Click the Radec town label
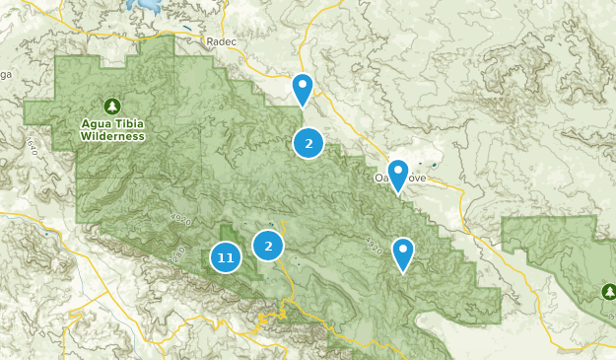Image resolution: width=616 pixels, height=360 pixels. pos(223,41)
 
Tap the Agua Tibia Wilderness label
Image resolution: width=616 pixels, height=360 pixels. pos(113,130)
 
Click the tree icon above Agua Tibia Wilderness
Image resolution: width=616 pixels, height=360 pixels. pos(111,106)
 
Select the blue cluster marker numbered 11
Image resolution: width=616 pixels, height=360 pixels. pos(226,258)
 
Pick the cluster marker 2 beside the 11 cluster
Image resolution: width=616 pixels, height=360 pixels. pos(268,245)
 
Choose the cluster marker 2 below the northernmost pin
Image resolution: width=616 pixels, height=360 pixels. pos(308,144)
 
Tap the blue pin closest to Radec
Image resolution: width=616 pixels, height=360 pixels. pos(303,89)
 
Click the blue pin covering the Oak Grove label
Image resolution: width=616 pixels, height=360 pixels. pos(398,176)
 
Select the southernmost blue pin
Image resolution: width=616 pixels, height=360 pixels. pos(403,253)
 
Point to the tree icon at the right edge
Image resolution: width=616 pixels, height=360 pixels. pos(608,291)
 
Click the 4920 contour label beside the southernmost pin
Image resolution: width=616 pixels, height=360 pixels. pos(374,244)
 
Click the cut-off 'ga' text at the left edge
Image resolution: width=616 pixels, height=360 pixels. pos(4,74)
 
